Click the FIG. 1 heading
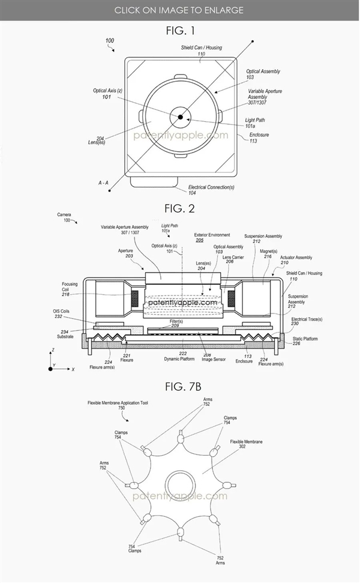point(179,30)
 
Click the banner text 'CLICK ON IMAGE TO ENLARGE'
point(179,10)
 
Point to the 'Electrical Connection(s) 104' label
point(211,190)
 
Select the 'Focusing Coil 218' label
point(70,288)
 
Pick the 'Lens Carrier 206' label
point(233,259)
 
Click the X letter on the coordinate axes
point(73,370)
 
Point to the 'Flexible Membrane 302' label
point(246,444)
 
